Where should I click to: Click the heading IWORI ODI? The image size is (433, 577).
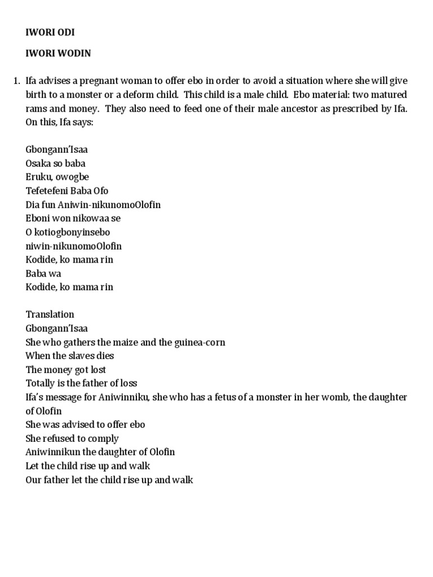pos(50,33)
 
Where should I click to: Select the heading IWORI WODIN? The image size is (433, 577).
pos(58,53)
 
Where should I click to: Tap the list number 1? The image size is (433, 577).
pos(16,81)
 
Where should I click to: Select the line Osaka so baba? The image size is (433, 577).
pos(55,163)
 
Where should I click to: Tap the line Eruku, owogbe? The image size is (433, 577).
pos(57,177)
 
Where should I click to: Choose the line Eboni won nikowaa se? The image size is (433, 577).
pos(73,218)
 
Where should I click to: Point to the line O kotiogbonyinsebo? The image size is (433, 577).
pos(68,232)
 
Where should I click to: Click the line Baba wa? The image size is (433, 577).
pos(43,273)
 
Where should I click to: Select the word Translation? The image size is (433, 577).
pos(50,314)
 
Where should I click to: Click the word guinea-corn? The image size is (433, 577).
pos(193,342)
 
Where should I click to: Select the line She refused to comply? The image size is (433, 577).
pos(72,438)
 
